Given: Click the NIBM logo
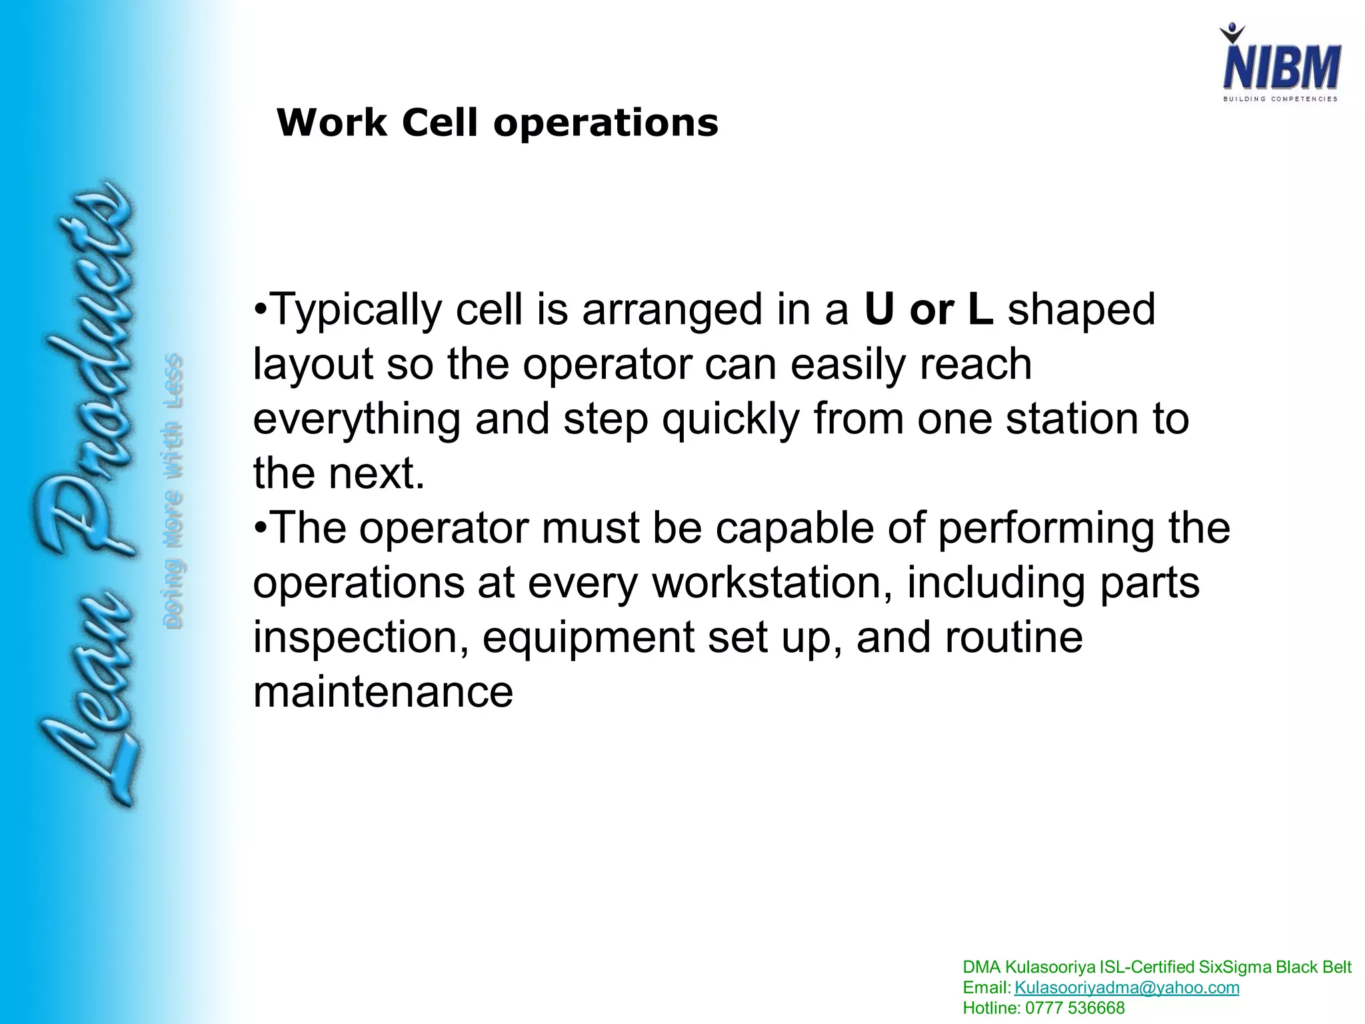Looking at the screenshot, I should coord(1280,63).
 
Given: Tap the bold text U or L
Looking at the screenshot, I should coord(928,310).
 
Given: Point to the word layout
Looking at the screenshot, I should coord(313,366).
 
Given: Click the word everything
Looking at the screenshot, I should coord(357,420).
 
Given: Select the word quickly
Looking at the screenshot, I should coord(730,420).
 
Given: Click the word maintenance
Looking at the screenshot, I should coord(383,691).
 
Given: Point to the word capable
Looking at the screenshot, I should coord(794,528).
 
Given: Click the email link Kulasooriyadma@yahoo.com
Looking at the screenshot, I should coord(1126,987).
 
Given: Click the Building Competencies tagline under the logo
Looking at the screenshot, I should coord(1280,99).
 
